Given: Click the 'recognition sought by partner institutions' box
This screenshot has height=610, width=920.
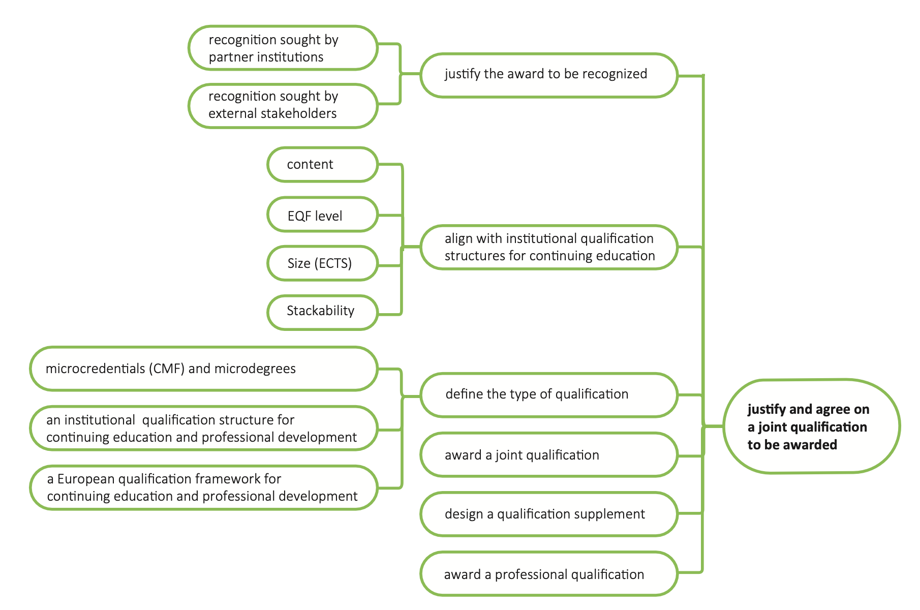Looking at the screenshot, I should pos(283,48).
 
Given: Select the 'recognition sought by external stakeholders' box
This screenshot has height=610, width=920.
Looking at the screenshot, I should pos(283,105).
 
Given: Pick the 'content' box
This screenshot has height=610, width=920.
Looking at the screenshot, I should pos(322,164).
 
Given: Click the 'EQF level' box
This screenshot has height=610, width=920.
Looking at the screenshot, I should pos(322,215).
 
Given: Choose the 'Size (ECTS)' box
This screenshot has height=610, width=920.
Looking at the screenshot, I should pos(322,263).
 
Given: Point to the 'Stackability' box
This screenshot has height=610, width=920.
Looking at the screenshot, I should pos(322,312).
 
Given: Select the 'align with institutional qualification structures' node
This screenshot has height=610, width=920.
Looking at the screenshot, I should pos(549,247).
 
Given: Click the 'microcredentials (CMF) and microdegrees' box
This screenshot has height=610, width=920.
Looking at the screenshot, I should pos(203,369).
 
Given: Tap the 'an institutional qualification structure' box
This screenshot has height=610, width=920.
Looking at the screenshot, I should pos(203,428).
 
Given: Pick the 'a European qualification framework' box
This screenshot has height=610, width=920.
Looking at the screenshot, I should pos(203,487).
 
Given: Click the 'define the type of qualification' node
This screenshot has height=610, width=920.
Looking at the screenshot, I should pos(549,395).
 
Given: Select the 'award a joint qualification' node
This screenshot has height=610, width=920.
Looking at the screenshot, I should pos(549,455).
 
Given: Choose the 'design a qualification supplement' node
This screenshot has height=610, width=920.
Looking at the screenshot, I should pos(549,514).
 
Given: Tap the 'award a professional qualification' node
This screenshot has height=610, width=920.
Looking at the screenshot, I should pos(549,574).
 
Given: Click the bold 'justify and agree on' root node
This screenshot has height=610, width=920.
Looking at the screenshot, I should pos(811,426).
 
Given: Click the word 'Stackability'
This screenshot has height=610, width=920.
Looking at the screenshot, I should pos(320,311).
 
